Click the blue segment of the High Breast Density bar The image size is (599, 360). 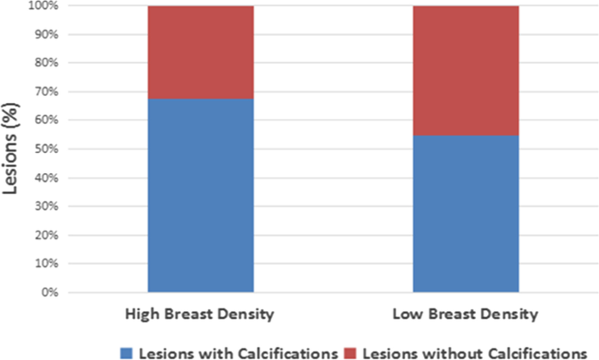point(200,195)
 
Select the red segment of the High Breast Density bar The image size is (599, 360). point(200,52)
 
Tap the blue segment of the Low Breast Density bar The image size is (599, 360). point(465,213)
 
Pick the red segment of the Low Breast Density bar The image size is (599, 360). point(465,71)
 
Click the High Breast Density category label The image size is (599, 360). point(201,313)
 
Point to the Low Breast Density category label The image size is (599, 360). point(466,313)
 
